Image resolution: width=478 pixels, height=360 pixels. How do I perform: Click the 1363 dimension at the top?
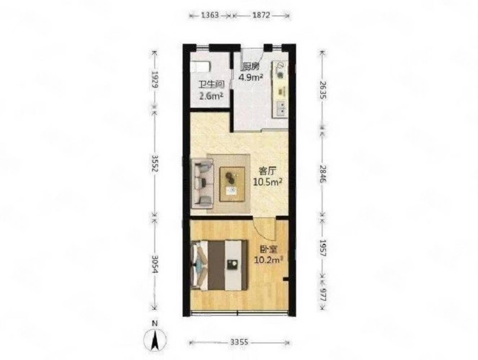[x=209, y=15]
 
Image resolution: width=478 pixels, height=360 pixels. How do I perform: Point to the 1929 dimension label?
[x=155, y=79]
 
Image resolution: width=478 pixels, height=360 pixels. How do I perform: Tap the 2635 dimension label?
[x=323, y=90]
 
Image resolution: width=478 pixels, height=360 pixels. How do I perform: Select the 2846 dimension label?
[x=323, y=174]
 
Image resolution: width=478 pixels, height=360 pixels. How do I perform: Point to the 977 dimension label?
[x=323, y=295]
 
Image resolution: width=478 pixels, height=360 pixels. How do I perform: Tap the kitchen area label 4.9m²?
[x=250, y=77]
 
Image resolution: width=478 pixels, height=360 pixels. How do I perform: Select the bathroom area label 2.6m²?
[x=211, y=96]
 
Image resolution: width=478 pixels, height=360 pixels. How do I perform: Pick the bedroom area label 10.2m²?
[x=268, y=260]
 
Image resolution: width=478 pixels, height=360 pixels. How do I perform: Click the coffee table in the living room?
[x=232, y=184]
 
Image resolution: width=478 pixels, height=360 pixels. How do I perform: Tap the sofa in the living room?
[x=202, y=183]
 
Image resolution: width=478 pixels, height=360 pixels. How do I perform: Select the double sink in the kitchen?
[x=281, y=109]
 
